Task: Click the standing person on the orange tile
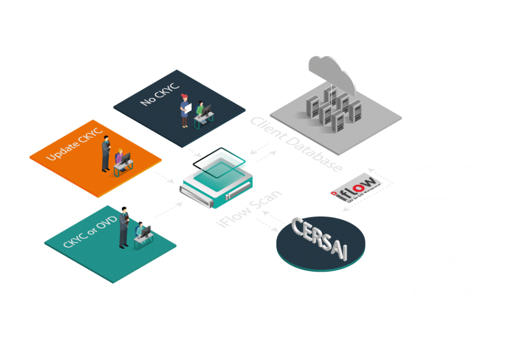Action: pyautogui.click(x=106, y=155)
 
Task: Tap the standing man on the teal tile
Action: pyautogui.click(x=123, y=227)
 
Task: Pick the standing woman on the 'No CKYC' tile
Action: pyautogui.click(x=184, y=111)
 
